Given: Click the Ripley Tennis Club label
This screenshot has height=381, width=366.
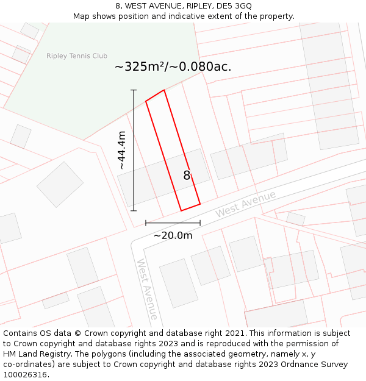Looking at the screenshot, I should pos(77,56).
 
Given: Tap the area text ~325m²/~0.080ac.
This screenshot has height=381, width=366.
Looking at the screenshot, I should pos(173,67).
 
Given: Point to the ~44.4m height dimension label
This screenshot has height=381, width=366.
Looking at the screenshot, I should pos(122,151).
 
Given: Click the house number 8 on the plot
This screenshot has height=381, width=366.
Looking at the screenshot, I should pos(187,176).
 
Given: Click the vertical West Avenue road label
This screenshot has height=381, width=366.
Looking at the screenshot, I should pos(147,289).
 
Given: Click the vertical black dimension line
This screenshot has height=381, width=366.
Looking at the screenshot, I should pos(134,151).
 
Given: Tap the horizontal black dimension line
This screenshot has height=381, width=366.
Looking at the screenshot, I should pos(173,223).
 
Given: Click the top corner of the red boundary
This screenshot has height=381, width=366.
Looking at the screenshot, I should pos(163,90).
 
